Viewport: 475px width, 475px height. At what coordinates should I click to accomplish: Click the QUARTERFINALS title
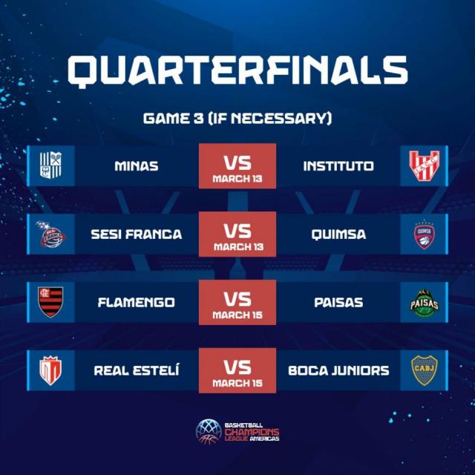click(x=237, y=71)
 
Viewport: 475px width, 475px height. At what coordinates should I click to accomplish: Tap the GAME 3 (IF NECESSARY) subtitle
click(x=237, y=118)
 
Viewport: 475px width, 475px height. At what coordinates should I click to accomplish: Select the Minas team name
click(x=137, y=166)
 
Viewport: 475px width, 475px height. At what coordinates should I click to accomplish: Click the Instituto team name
click(x=338, y=166)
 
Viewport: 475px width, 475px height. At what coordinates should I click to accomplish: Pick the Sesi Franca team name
click(x=137, y=235)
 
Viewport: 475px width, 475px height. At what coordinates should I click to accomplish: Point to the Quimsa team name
click(x=338, y=235)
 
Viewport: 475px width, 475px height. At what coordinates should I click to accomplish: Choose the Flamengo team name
click(x=137, y=302)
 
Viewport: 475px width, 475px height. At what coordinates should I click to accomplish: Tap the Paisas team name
click(x=338, y=302)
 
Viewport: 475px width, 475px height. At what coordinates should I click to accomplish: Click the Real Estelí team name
click(x=137, y=370)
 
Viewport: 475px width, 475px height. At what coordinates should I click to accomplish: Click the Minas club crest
click(x=51, y=166)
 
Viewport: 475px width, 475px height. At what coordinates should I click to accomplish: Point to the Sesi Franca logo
click(x=51, y=235)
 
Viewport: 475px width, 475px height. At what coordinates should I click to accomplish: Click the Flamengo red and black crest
click(x=51, y=302)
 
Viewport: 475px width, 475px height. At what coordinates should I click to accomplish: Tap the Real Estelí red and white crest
click(x=51, y=370)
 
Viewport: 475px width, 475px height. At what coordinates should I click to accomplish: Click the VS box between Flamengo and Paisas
click(x=237, y=302)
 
